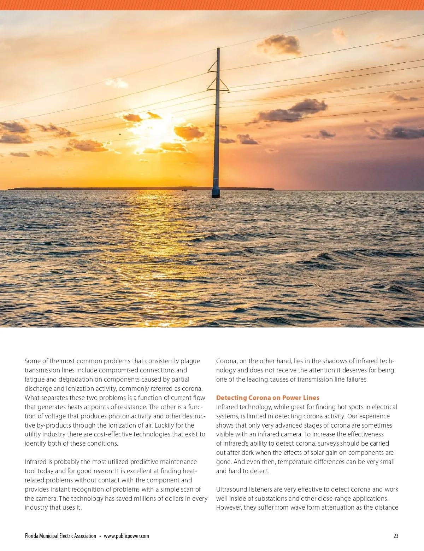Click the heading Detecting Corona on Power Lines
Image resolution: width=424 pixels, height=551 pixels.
267,398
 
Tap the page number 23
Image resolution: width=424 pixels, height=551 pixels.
396,536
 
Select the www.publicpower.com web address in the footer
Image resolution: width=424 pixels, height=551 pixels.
126,536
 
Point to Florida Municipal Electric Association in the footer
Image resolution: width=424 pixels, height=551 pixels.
60,536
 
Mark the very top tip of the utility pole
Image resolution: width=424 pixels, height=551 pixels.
218,48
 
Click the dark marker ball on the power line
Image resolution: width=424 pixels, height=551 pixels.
120,134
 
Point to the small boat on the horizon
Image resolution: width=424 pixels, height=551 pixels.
184,190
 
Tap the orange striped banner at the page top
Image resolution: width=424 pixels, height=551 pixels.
212,5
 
